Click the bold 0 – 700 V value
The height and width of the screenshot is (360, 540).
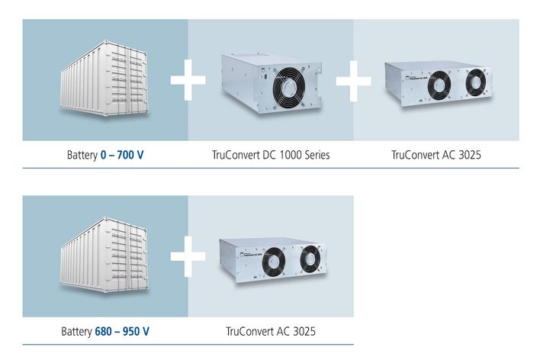click(x=122, y=155)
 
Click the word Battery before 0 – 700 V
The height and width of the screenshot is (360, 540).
click(x=82, y=155)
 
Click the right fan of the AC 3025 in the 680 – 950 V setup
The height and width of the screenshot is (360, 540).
click(x=310, y=259)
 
